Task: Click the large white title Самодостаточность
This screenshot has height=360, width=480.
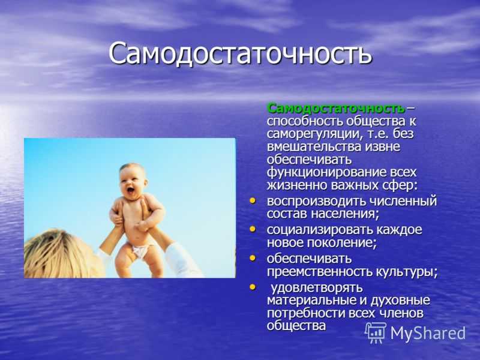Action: pos(241,54)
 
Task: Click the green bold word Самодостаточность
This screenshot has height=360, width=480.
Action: pos(336,109)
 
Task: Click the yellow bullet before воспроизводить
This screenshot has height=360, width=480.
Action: pos(253,201)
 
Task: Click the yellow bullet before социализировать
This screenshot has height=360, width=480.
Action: pos(253,229)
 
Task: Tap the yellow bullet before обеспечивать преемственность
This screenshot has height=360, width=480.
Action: pos(253,258)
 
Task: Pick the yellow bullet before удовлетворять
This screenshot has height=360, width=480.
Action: pos(253,287)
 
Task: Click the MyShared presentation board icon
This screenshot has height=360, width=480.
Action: pos(376,332)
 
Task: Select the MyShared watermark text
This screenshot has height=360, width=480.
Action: pos(428,333)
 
